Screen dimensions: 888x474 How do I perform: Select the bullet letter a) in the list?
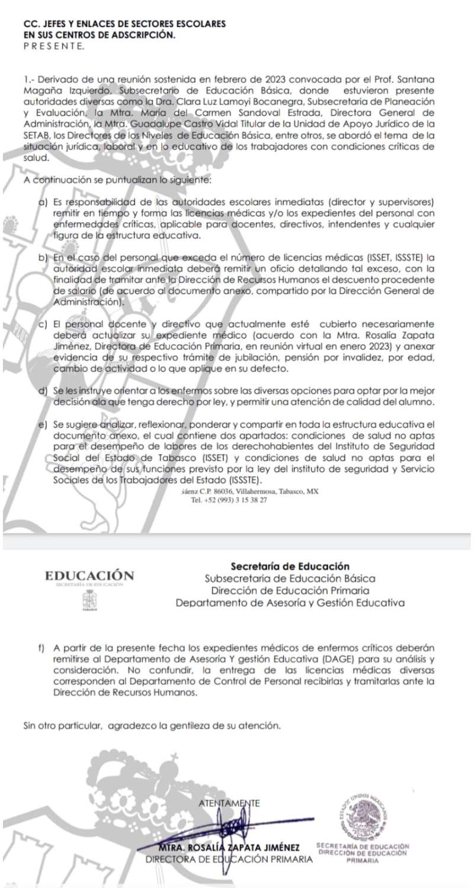pyautogui.click(x=42, y=202)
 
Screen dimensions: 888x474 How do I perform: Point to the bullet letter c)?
pyautogui.click(x=42, y=324)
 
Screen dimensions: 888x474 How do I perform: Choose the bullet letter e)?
pyautogui.click(x=42, y=425)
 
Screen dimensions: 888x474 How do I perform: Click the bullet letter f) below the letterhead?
pyautogui.click(x=42, y=645)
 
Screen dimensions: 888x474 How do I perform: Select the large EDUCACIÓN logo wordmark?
pyautogui.click(x=89, y=575)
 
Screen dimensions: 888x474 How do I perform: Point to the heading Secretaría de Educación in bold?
pyautogui.click(x=290, y=566)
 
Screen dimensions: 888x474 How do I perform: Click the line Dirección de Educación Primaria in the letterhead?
pyautogui.click(x=290, y=591)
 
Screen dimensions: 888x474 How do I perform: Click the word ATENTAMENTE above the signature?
pyautogui.click(x=230, y=803)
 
